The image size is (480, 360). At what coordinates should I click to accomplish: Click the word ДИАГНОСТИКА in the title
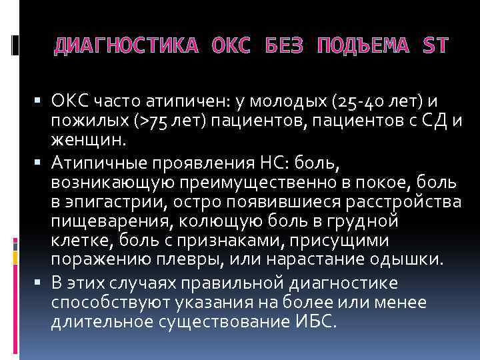pyautogui.click(x=125, y=46)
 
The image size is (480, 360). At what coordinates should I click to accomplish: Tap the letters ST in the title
pyautogui.click(x=435, y=46)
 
